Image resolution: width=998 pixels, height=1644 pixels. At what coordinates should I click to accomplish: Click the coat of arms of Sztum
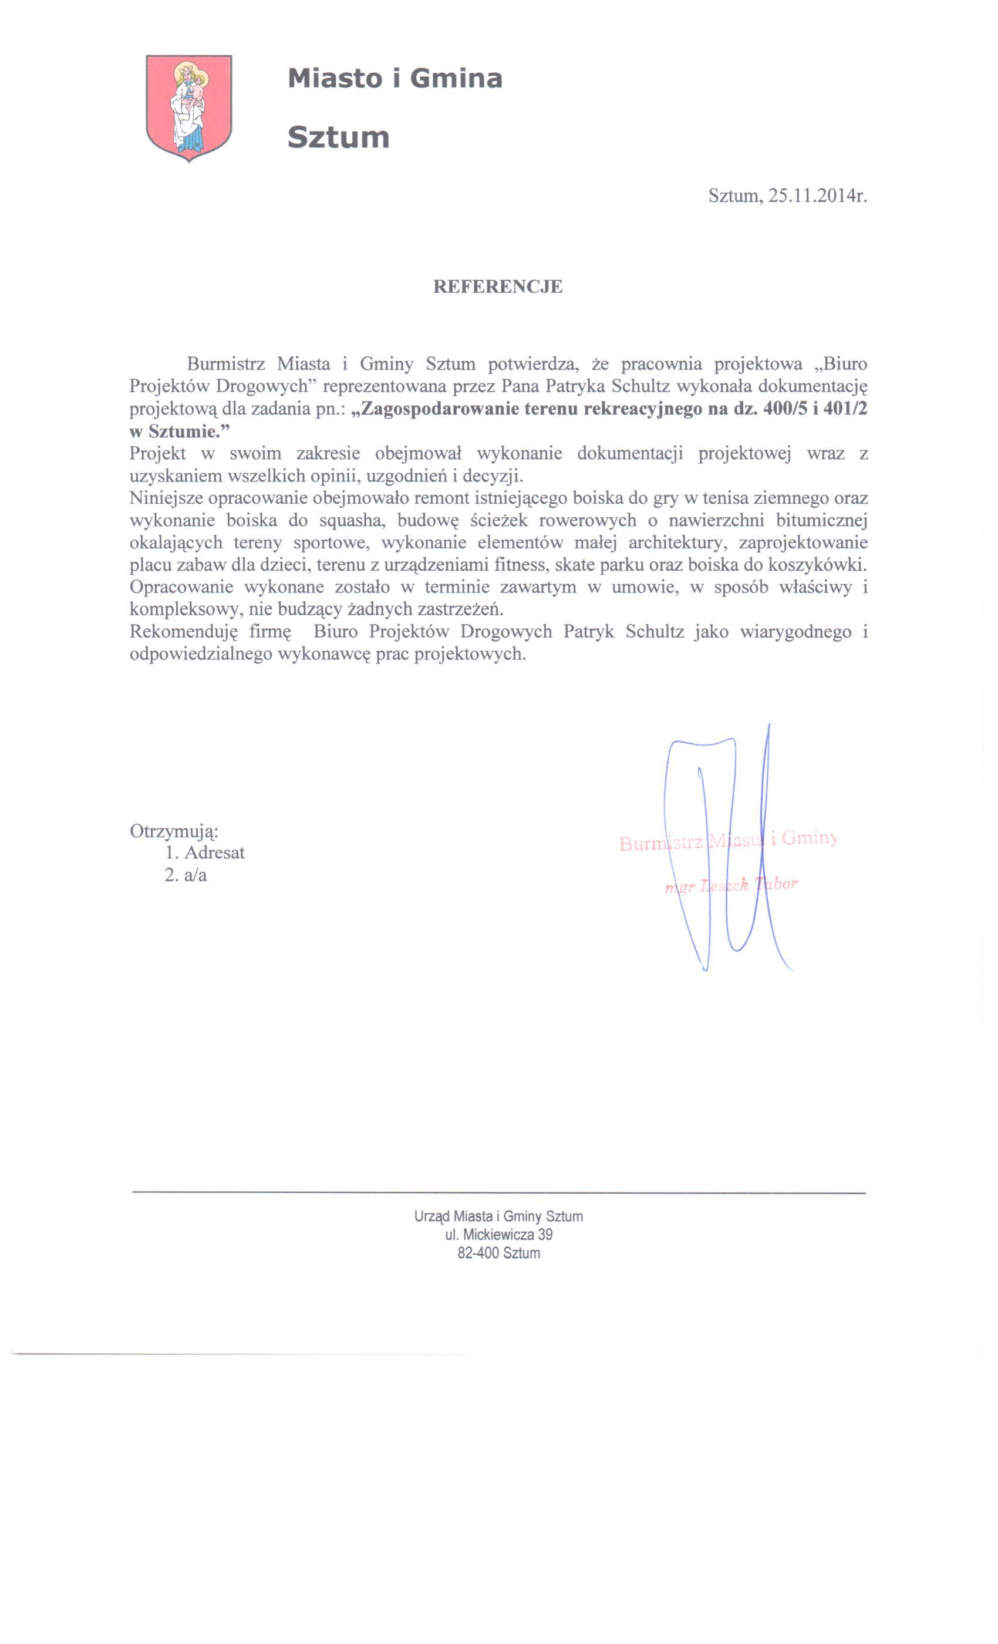pos(189,107)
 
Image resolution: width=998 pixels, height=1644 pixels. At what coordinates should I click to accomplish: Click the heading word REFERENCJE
pos(498,287)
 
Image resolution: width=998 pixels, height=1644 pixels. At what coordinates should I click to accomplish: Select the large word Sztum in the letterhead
pos(338,138)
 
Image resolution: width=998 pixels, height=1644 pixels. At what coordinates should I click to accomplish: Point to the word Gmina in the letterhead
pos(456,79)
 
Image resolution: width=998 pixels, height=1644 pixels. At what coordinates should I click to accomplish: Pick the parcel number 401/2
pos(845,409)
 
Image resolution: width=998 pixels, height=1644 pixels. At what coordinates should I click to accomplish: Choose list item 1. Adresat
pos(205,853)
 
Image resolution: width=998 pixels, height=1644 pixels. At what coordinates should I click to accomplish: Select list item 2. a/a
pos(186,875)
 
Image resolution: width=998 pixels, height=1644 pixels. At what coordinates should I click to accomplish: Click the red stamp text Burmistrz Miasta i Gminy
pos(728,840)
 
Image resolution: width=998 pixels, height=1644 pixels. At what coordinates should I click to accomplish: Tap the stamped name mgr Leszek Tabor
pos(731,885)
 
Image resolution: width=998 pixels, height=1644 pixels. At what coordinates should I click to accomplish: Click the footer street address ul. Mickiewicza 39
pos(498,1234)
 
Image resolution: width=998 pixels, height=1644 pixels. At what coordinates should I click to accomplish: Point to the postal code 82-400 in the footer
pos(478,1253)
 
